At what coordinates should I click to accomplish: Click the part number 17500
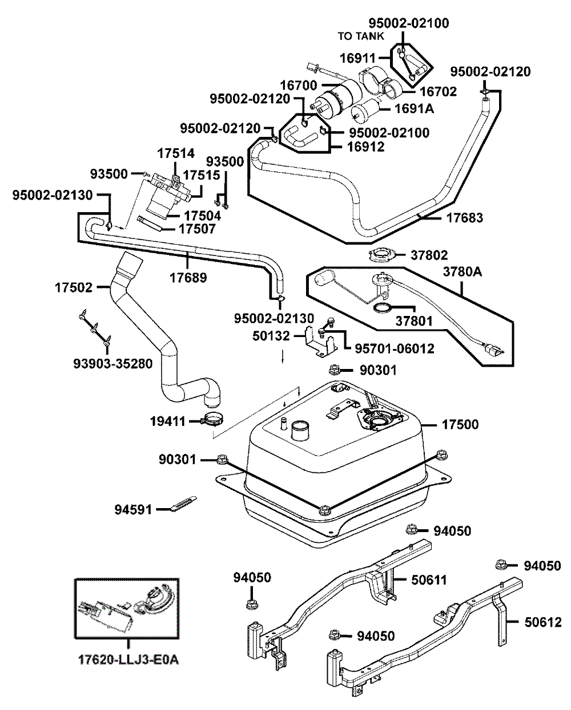click(460, 425)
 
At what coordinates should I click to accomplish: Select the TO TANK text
click(361, 36)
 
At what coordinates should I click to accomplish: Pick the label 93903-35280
click(112, 363)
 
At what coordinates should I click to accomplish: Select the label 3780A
click(463, 273)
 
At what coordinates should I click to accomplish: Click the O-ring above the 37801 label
click(383, 309)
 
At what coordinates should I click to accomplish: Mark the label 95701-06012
click(394, 348)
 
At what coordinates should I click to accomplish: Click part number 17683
click(464, 217)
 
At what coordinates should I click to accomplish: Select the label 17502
click(74, 288)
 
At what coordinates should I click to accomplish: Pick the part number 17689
click(188, 278)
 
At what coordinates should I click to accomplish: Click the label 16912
click(365, 147)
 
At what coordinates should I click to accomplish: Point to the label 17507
click(197, 229)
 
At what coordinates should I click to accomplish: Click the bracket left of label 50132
click(318, 344)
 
